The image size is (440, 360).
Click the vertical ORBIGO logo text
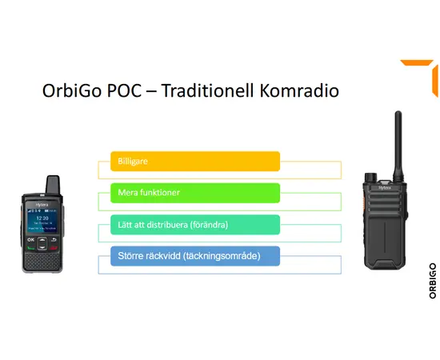tap(433, 281)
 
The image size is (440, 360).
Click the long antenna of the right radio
tap(398, 143)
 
